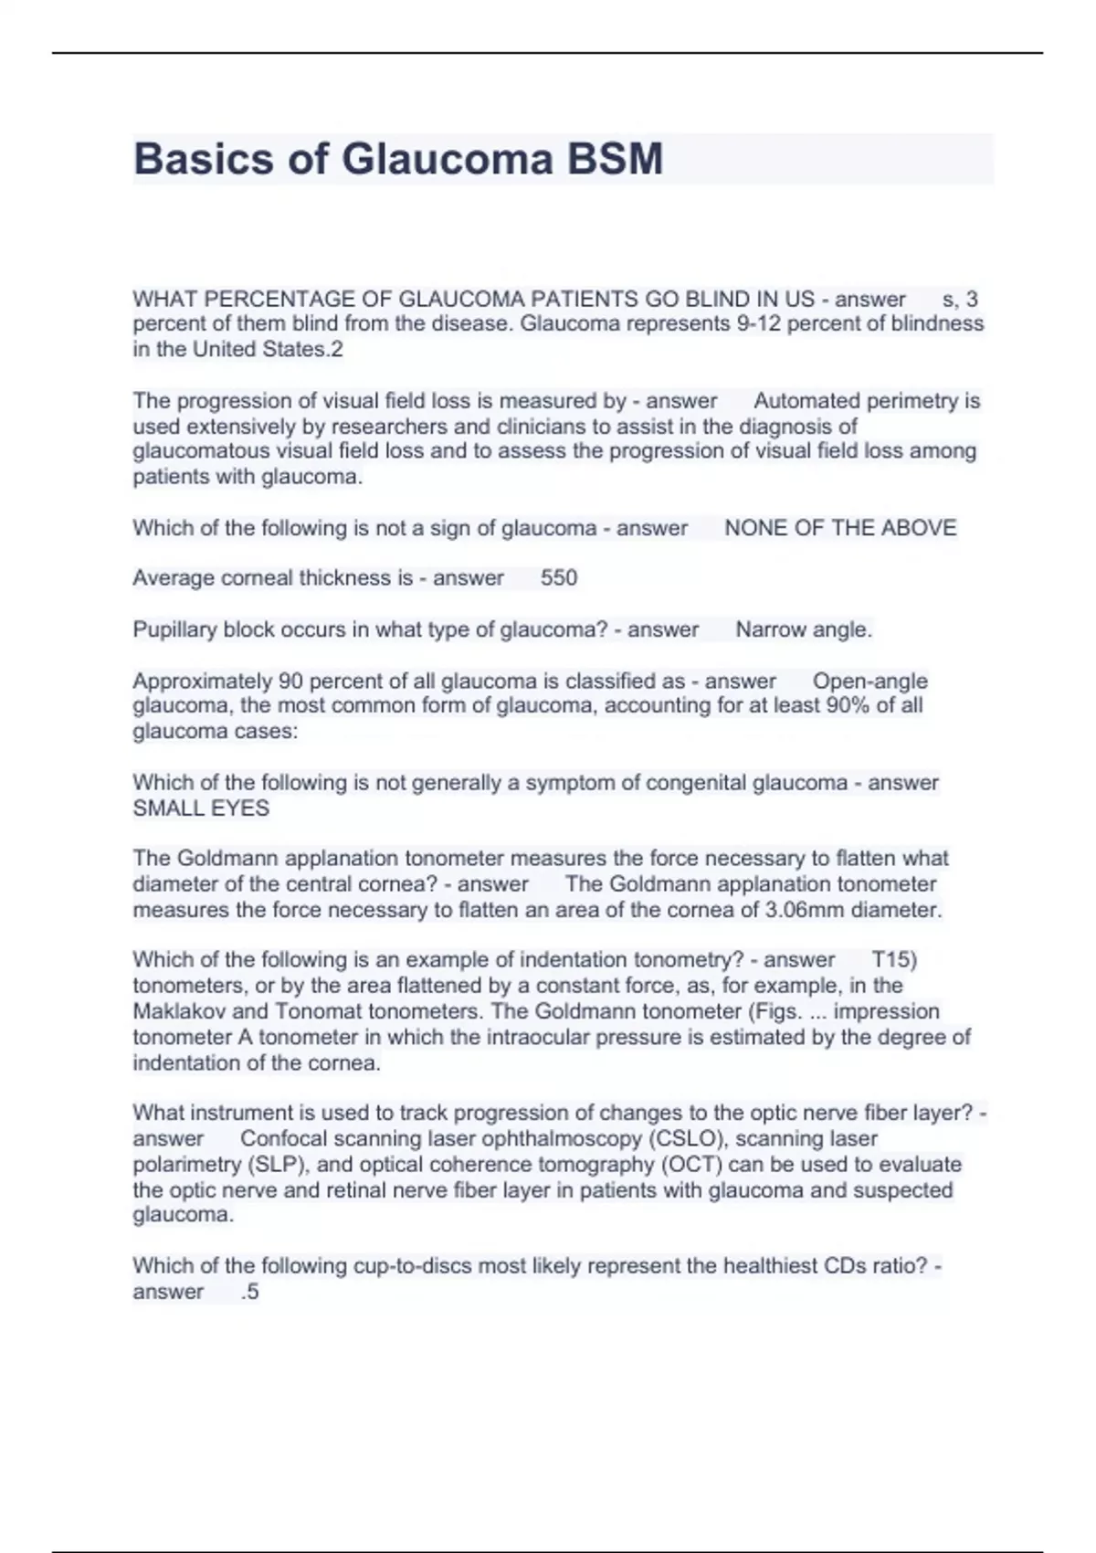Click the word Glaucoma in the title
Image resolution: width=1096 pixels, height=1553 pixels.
(x=448, y=159)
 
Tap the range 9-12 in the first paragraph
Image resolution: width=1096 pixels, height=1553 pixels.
(x=757, y=323)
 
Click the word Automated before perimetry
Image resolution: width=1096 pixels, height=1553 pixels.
(x=807, y=401)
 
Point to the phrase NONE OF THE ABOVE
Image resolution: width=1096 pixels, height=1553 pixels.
(x=840, y=528)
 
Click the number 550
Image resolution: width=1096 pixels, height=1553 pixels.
(x=559, y=578)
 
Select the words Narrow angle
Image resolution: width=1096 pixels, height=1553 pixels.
(x=804, y=629)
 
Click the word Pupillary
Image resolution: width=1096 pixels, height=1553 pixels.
(x=174, y=629)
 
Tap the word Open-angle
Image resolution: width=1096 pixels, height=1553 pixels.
(x=869, y=681)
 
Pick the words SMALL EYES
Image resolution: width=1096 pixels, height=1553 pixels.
(x=201, y=808)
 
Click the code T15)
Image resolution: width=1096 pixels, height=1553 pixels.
(x=894, y=960)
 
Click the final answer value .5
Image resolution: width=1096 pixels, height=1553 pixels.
(x=250, y=1292)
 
